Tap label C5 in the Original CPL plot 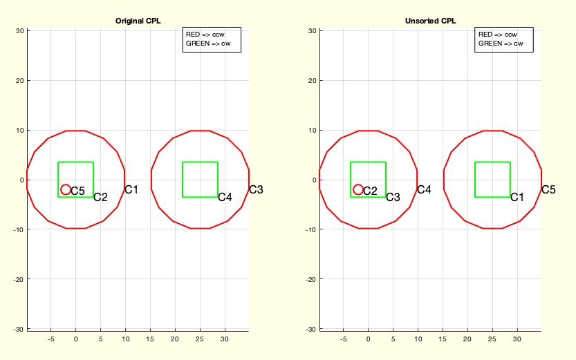click(77, 191)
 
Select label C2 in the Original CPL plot click(100, 197)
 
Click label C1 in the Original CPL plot click(131, 189)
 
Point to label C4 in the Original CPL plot click(225, 197)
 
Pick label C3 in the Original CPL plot click(256, 189)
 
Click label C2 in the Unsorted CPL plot click(370, 191)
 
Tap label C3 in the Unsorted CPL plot click(393, 197)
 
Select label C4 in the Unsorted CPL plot click(424, 189)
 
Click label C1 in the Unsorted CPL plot click(517, 197)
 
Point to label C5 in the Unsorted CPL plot click(548, 189)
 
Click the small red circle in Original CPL click(66, 189)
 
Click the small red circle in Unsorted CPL click(358, 189)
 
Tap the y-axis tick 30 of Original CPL click(21, 30)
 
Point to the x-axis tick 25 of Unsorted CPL click(492, 339)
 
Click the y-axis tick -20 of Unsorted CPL click(311, 279)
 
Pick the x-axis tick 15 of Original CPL click(150, 339)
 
